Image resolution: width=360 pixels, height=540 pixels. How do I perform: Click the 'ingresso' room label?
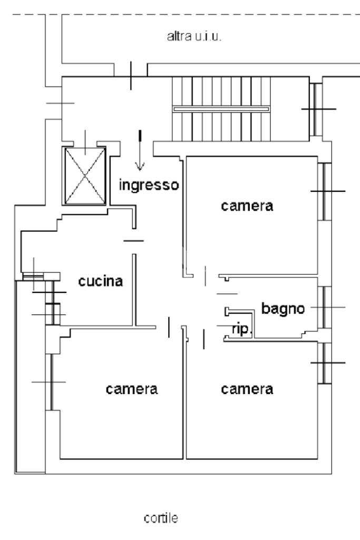click(149, 185)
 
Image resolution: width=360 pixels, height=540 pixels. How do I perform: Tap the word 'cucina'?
click(101, 281)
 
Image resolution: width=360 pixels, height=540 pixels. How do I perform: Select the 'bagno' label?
click(283, 309)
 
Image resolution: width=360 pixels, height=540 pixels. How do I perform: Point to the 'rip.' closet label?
click(242, 329)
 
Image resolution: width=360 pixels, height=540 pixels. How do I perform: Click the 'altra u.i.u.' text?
click(194, 36)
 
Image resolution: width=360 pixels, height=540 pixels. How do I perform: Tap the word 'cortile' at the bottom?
click(161, 518)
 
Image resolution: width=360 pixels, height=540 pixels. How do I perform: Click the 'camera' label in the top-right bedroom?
click(247, 206)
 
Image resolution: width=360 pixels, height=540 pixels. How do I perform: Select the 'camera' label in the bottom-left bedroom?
click(132, 389)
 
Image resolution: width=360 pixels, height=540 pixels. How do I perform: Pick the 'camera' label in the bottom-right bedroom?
click(247, 389)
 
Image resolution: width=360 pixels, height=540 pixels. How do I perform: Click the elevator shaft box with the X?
click(85, 175)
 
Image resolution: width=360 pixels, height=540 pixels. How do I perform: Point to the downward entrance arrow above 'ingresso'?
click(140, 150)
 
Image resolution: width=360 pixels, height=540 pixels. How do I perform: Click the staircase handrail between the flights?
click(221, 109)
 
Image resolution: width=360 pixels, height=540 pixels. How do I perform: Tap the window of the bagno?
click(324, 307)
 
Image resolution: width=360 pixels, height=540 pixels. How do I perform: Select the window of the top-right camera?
click(324, 191)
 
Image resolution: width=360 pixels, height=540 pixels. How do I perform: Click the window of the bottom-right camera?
click(324, 363)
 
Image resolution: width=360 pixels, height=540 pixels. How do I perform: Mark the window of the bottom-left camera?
click(51, 382)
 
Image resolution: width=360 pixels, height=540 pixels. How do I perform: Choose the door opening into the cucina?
click(134, 241)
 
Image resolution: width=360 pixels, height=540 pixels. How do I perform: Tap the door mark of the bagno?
click(227, 294)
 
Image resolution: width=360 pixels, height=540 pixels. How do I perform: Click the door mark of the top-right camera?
click(206, 276)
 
